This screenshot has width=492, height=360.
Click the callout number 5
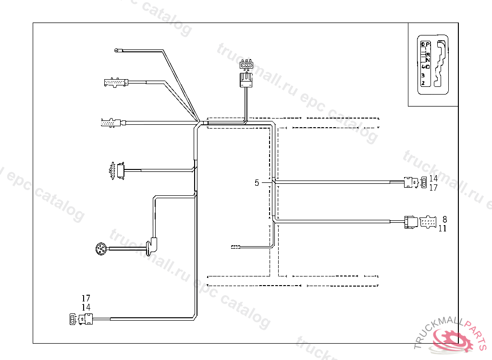[257, 183]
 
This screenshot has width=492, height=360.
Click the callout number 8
[445, 219]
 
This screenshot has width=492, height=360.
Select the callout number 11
[443, 228]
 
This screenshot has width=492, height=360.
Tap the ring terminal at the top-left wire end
[116, 50]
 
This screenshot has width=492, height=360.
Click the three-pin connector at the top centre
[246, 65]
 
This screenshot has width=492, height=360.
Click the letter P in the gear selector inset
[428, 45]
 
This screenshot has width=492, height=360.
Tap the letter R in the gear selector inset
[428, 54]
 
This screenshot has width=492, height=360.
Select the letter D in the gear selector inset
[428, 66]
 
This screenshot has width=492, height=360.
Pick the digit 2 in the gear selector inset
[423, 83]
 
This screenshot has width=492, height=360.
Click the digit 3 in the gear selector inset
[423, 75]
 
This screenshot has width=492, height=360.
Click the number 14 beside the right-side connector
[433, 179]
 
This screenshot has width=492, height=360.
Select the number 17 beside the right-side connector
[433, 188]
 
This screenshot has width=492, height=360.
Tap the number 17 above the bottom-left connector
[86, 298]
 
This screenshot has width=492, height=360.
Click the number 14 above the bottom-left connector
[86, 307]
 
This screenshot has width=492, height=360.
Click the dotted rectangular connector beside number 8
[428, 223]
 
